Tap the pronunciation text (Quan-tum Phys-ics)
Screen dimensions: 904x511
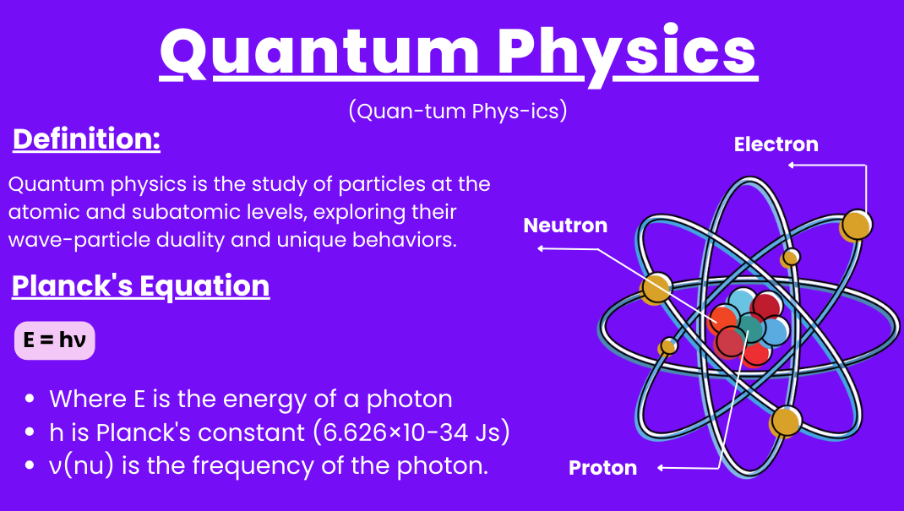tap(458, 111)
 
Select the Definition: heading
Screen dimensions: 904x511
tap(86, 139)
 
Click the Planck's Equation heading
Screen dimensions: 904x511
tap(141, 286)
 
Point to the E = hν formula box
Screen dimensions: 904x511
tap(55, 340)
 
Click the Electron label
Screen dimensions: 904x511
tap(776, 144)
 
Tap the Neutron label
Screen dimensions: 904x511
tap(565, 226)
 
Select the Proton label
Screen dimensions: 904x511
tap(602, 468)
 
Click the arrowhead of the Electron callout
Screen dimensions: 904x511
tap(791, 165)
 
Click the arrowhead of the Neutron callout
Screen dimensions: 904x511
tap(541, 248)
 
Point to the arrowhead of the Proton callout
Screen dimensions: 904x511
tap(662, 468)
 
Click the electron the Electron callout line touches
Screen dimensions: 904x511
tap(856, 226)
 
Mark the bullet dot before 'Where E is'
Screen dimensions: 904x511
tap(30, 399)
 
